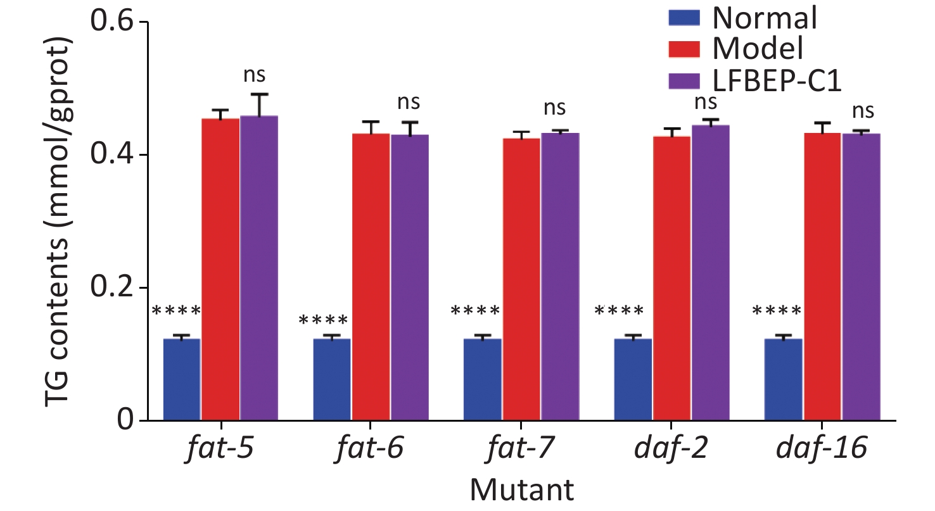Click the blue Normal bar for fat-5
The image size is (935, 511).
click(x=182, y=379)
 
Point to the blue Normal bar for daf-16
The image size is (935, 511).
click(x=783, y=379)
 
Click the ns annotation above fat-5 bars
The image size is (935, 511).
click(x=254, y=75)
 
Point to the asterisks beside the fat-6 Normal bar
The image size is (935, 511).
click(x=323, y=320)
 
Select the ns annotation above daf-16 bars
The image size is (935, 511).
click(x=863, y=111)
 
